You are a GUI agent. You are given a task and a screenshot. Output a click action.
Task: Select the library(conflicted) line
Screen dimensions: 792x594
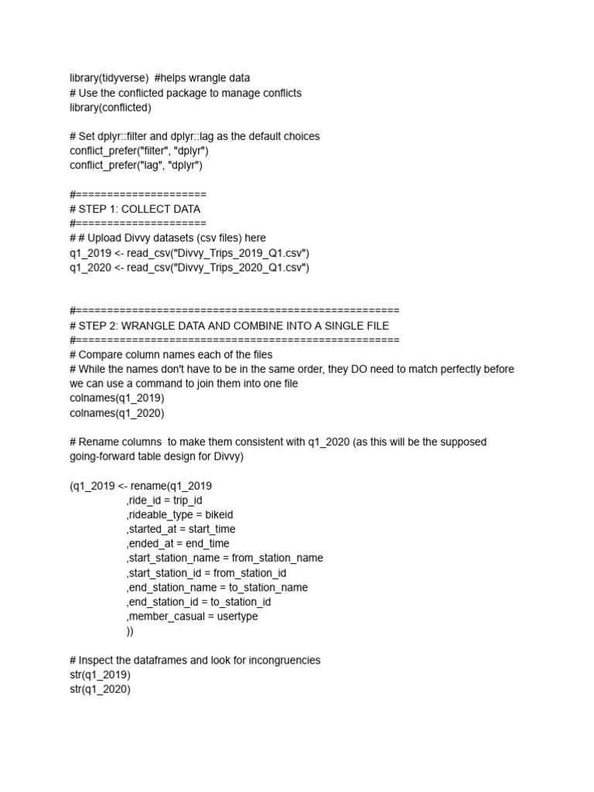click(x=111, y=108)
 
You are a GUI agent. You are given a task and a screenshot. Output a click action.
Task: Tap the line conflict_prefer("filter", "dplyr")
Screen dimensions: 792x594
click(x=139, y=151)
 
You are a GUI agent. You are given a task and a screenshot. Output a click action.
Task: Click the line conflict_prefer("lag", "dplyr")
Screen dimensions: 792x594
click(x=136, y=165)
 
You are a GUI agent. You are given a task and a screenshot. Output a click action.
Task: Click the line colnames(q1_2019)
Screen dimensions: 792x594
click(x=117, y=398)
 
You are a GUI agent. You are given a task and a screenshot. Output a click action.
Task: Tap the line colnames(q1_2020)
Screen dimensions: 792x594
click(x=117, y=412)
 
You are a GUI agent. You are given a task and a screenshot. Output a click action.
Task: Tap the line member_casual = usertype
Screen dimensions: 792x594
click(x=193, y=616)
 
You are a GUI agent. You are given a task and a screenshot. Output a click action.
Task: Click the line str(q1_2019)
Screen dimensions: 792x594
click(x=100, y=675)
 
